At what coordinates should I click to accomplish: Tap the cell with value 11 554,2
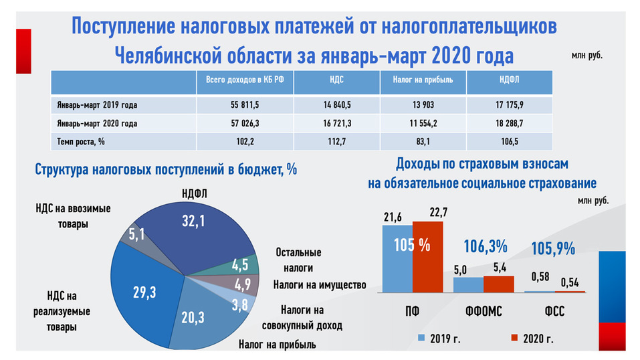pos(423,123)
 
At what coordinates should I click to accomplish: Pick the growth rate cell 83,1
pos(423,142)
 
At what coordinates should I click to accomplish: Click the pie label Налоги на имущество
pos(320,285)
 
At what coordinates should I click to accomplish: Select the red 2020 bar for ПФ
pos(427,257)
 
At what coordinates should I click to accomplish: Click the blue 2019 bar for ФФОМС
pos(467,284)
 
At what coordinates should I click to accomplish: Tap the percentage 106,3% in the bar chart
pos(484,246)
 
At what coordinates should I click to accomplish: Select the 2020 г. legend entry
pos(532,338)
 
